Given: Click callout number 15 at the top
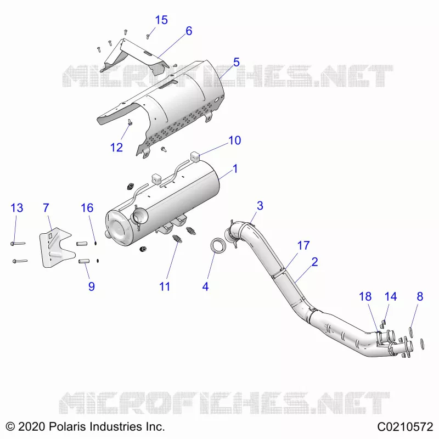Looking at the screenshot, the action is pyautogui.click(x=161, y=20).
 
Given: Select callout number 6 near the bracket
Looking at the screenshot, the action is pyautogui.click(x=189, y=31).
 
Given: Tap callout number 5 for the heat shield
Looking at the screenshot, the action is pyautogui.click(x=237, y=63).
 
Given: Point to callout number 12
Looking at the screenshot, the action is pyautogui.click(x=116, y=148).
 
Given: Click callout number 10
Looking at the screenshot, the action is pyautogui.click(x=235, y=140).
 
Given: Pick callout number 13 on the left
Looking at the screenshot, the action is pyautogui.click(x=17, y=208).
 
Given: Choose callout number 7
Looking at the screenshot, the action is pyautogui.click(x=46, y=208).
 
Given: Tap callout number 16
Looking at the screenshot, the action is pyautogui.click(x=87, y=208).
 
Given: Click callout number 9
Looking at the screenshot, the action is pyautogui.click(x=92, y=286).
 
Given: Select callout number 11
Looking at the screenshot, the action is pyautogui.click(x=165, y=286).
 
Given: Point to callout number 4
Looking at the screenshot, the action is pyautogui.click(x=205, y=286).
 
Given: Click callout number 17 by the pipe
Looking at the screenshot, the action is pyautogui.click(x=303, y=245).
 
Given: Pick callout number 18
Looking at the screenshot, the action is pyautogui.click(x=365, y=296).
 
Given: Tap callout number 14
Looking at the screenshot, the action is pyautogui.click(x=391, y=296).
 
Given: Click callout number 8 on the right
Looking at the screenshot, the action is pyautogui.click(x=420, y=296).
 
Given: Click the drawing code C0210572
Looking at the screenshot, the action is pyautogui.click(x=405, y=427).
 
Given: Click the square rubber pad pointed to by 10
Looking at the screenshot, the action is pyautogui.click(x=195, y=157).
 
